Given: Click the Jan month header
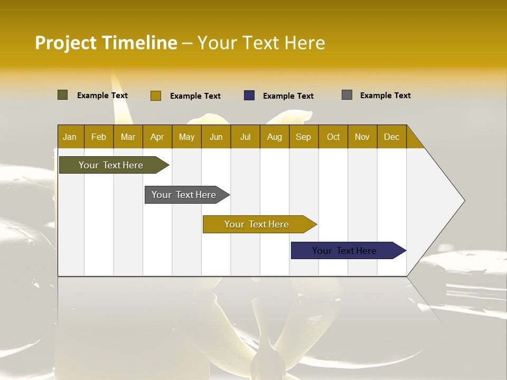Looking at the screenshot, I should tap(70, 137).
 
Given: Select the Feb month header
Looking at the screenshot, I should tap(99, 137).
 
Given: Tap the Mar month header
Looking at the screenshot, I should tap(128, 137).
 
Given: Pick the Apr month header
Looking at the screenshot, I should tap(157, 137).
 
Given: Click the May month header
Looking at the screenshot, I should tap(186, 137).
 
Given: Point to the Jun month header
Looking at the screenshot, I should tap(216, 137).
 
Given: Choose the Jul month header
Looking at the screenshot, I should tap(245, 137).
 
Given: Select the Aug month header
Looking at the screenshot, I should tap(275, 137).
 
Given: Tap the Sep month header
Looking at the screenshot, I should tap(304, 137).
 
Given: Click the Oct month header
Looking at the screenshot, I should tap(333, 137).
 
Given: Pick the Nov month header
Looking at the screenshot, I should tap(362, 137).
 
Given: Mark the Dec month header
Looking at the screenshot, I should tap(392, 137).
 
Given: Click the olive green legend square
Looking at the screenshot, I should tap(63, 95).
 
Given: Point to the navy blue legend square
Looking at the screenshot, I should tap(249, 96).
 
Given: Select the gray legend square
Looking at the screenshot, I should tap(347, 95).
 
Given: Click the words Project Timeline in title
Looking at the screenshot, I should tap(106, 43).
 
